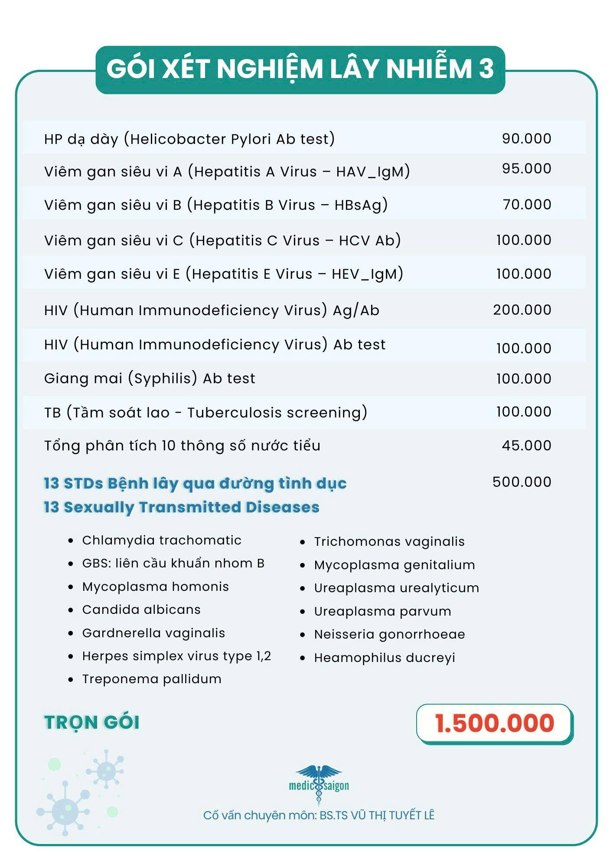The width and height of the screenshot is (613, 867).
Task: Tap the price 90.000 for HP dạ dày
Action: coord(526,139)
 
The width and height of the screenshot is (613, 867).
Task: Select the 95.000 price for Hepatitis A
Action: coord(526,169)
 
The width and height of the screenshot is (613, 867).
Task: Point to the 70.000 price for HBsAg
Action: coord(527,205)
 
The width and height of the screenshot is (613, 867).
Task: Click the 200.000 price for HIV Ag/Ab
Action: coord(522,310)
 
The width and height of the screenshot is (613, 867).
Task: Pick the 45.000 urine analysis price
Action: coord(526,446)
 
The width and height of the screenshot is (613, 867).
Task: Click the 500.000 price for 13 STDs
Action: coord(522,482)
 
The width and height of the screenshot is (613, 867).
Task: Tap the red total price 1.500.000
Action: coord(495,724)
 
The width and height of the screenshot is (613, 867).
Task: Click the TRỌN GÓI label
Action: coord(92,723)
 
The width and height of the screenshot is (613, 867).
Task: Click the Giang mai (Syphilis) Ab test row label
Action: coord(150,378)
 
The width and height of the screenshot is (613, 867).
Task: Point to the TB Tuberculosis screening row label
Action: coord(205,412)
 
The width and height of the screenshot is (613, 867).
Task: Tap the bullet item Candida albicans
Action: coord(141,610)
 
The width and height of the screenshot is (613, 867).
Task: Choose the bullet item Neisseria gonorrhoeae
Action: coord(389,635)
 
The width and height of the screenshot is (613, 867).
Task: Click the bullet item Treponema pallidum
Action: coord(152,679)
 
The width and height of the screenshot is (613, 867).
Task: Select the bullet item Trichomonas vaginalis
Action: coord(389,542)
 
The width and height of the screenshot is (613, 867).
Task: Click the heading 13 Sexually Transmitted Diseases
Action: coord(182,507)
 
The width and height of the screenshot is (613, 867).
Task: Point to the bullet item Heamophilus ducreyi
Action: coord(385,658)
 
